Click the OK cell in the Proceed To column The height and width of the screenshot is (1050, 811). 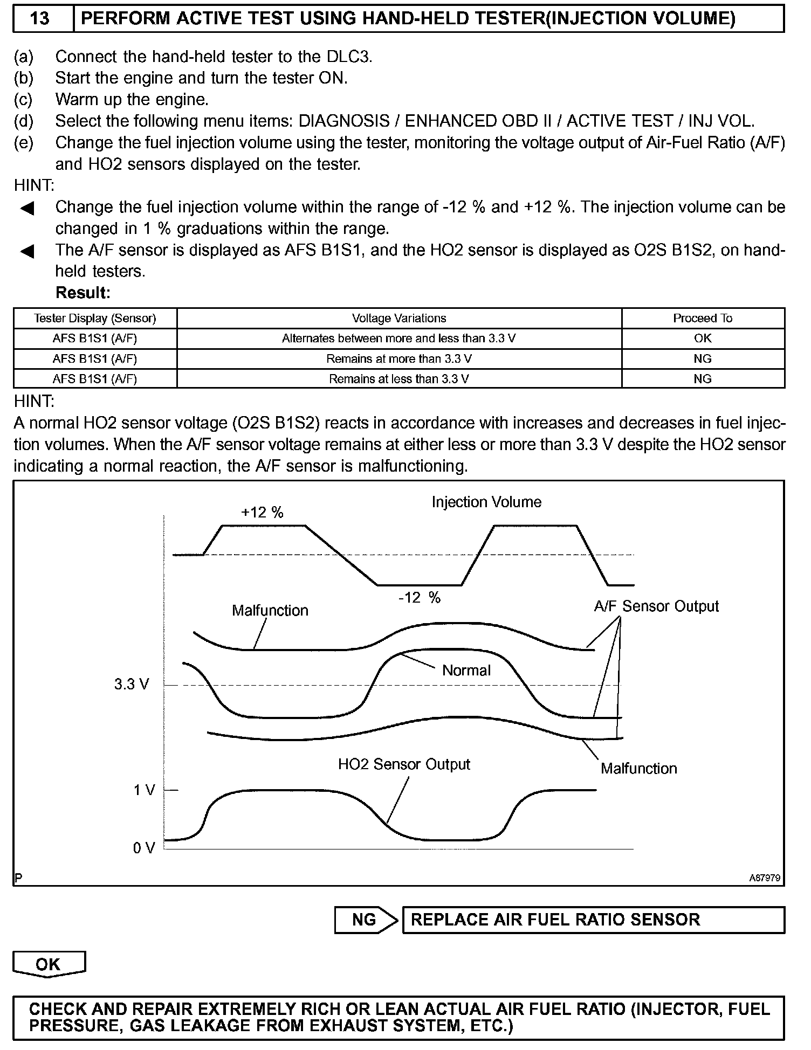[x=703, y=339]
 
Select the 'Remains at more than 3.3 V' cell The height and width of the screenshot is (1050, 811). [x=399, y=359]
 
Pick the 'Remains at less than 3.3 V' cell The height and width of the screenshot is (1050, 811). [x=399, y=379]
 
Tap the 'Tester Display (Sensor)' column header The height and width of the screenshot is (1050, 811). [x=95, y=319]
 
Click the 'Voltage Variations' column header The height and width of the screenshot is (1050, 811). [x=399, y=319]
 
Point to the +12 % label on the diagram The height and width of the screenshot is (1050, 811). [x=262, y=512]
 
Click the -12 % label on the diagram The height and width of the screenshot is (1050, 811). [x=420, y=597]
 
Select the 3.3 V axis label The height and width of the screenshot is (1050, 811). [x=131, y=685]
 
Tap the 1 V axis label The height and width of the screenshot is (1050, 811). [x=144, y=790]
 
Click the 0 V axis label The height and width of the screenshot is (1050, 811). [x=144, y=848]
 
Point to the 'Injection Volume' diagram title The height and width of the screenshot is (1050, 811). [x=486, y=502]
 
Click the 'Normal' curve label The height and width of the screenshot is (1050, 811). [x=466, y=671]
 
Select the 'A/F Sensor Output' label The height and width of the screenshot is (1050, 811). [x=656, y=606]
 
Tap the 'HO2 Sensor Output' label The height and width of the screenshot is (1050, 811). [x=404, y=764]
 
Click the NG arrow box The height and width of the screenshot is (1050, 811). [x=365, y=920]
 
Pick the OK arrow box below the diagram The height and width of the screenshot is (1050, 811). [x=49, y=964]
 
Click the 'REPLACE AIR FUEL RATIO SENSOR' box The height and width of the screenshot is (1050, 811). [x=593, y=920]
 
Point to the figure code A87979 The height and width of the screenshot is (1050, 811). [x=765, y=878]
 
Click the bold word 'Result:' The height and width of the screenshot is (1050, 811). [x=83, y=293]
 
